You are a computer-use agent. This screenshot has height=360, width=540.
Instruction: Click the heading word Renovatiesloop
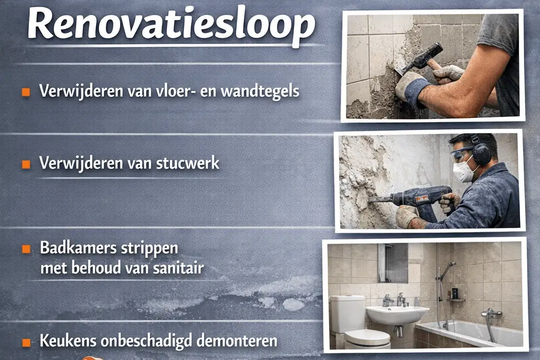click(171, 24)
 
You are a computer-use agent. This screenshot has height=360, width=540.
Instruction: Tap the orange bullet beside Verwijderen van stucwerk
click(26, 164)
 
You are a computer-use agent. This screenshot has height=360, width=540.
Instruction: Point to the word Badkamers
click(70, 248)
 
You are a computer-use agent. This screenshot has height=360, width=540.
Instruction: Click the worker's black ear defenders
click(481, 152)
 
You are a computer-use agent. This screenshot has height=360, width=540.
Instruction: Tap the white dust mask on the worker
click(462, 170)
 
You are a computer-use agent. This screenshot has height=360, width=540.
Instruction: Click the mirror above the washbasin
click(394, 262)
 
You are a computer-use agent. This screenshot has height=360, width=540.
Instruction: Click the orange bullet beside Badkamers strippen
click(26, 249)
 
